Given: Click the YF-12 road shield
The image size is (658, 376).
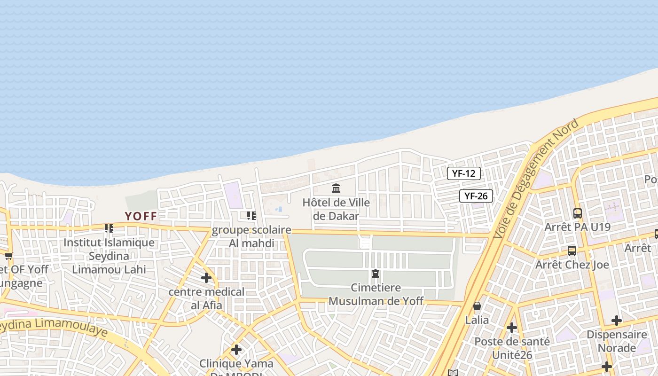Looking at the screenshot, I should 463,173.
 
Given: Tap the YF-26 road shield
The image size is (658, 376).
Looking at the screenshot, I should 476,196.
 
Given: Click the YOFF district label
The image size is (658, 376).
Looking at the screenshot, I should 141,216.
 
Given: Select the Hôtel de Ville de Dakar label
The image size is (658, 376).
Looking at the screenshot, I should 336,209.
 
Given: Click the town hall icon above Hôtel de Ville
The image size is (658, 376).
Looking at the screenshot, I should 336,188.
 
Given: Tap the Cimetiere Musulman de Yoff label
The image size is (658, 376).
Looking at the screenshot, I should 376,294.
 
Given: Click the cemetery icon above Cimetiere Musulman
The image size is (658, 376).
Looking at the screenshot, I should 376,273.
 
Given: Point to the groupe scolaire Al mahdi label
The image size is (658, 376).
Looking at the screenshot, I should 251,236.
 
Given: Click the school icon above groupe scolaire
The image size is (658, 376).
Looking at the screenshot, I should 251,216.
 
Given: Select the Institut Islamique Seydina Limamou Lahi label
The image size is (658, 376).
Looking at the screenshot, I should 109,256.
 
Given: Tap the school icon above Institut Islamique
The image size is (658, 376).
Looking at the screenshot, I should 109,228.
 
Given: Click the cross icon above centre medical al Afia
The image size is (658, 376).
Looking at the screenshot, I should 206,278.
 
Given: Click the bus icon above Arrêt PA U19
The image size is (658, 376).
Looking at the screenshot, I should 578,213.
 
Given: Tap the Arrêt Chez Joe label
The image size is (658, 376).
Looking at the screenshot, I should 572,265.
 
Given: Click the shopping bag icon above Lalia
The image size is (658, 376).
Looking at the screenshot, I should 477,306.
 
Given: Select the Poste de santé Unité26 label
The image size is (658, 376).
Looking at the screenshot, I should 512,348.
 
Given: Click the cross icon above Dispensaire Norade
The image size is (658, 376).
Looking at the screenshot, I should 617,321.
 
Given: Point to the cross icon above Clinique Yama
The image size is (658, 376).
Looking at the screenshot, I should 236,350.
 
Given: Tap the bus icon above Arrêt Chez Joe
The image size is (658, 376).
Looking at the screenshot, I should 572,251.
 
